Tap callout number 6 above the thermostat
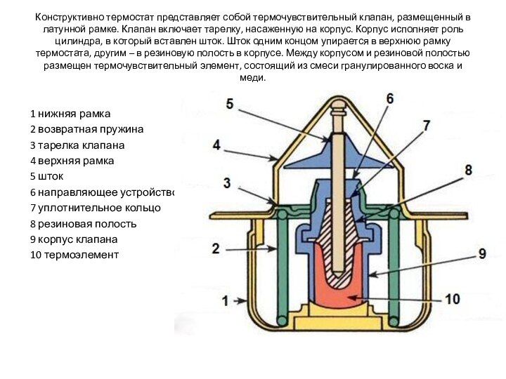coord(389,99)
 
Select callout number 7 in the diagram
coord(425,126)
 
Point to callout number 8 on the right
coord(468,169)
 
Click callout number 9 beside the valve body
coord(482,253)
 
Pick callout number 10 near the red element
coord(452,299)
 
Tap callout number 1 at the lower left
coord(226,301)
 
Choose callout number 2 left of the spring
coord(215,248)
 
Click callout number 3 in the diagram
coord(226,183)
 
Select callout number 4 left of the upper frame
coord(216,145)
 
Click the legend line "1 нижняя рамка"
coord(70,114)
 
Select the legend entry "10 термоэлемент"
coord(74,255)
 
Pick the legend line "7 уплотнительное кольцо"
coord(95,208)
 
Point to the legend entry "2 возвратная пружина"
coord(86,130)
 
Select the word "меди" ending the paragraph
coord(252,78)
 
